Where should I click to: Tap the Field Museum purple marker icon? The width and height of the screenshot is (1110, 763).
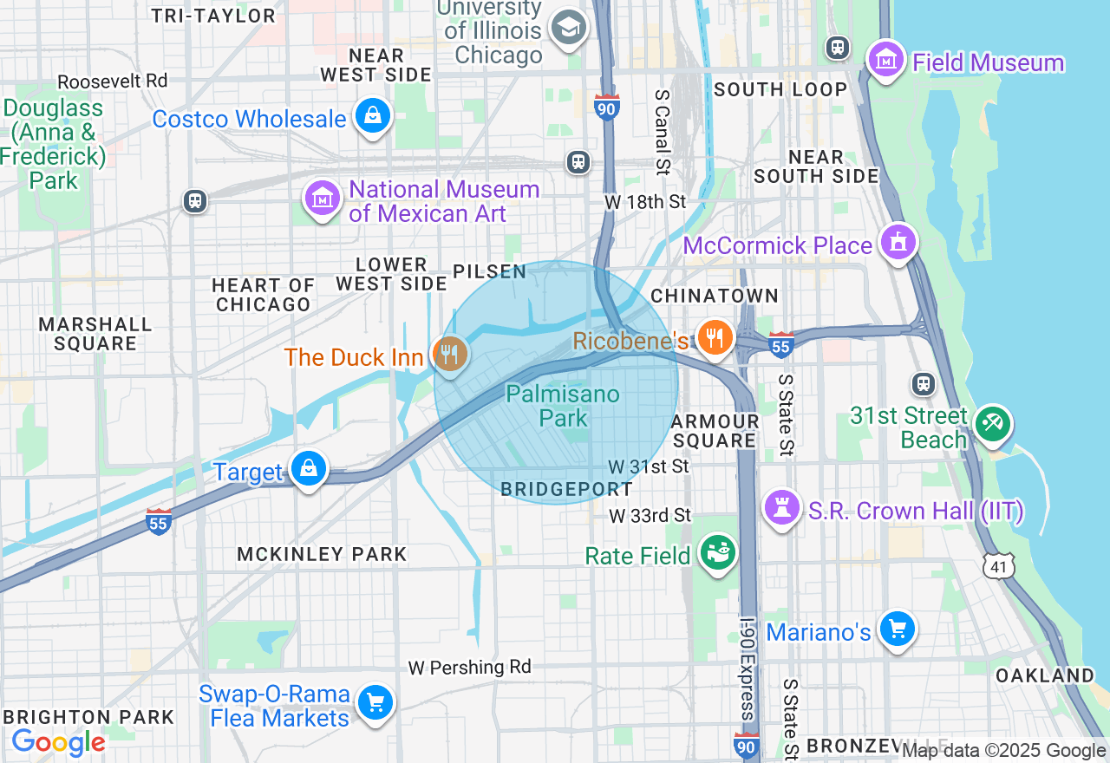pyautogui.click(x=886, y=62)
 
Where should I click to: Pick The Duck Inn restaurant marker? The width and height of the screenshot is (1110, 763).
pyautogui.click(x=450, y=355)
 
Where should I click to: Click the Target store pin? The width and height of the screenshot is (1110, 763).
pyautogui.click(x=308, y=469)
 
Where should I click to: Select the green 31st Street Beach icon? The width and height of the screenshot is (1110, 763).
pyautogui.click(x=991, y=424)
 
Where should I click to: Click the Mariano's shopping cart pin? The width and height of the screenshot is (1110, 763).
pyautogui.click(x=897, y=629)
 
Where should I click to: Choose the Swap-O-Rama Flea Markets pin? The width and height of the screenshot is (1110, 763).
pyautogui.click(x=375, y=703)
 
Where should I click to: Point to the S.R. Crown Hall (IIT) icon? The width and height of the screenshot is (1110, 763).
pyautogui.click(x=781, y=508)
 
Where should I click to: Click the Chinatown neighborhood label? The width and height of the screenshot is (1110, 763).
pyautogui.click(x=715, y=296)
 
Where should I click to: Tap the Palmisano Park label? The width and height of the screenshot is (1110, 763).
pyautogui.click(x=563, y=406)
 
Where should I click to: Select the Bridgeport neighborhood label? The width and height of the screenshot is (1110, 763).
pyautogui.click(x=567, y=489)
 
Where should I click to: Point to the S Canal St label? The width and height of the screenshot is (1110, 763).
pyautogui.click(x=663, y=131)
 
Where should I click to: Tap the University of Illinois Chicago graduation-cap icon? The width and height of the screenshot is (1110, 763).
pyautogui.click(x=569, y=27)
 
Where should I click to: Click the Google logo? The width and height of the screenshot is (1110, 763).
pyautogui.click(x=58, y=742)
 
